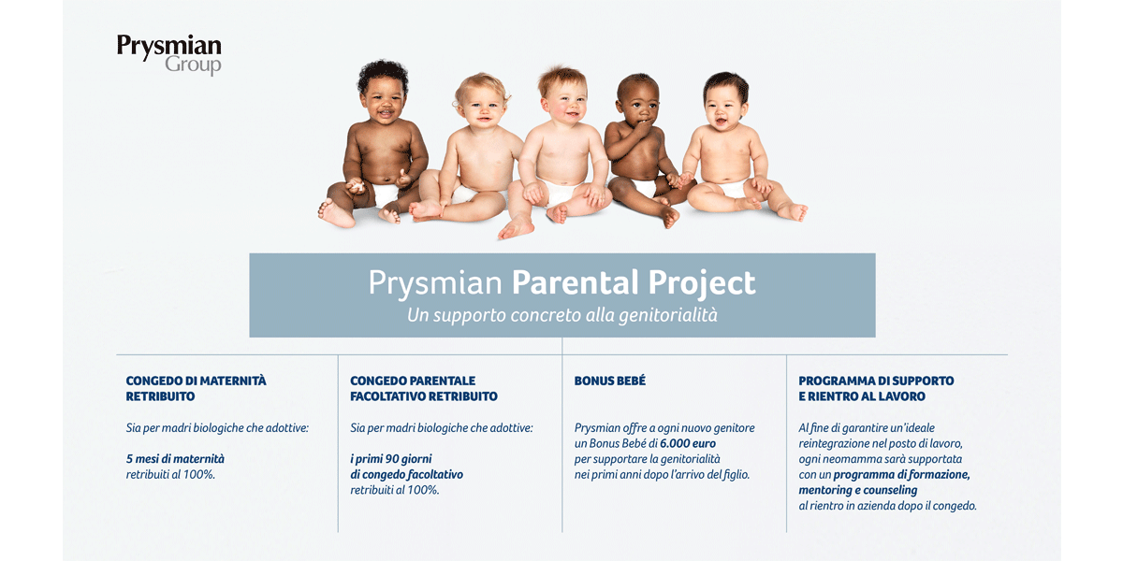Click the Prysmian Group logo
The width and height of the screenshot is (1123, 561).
point(169,54)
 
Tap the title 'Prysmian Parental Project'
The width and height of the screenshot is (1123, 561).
point(562,282)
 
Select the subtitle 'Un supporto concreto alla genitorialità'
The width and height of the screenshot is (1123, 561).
point(562,315)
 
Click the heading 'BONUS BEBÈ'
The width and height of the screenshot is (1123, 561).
point(609,381)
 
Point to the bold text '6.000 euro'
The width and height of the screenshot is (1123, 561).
point(687,443)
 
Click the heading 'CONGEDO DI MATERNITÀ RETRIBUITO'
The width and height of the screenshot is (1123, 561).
point(196,388)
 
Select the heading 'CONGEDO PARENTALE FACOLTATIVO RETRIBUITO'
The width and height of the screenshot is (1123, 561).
point(424,388)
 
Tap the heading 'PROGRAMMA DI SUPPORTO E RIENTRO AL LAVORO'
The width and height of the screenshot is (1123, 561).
point(876,388)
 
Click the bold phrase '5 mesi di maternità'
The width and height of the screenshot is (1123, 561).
point(175,459)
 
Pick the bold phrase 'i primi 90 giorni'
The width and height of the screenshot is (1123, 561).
point(390,459)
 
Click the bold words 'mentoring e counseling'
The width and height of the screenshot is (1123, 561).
point(858,490)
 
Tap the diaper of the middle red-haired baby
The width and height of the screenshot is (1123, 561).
point(562,192)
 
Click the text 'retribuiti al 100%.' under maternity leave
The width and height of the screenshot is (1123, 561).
point(170,474)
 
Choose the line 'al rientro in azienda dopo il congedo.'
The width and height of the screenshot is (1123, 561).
point(887,506)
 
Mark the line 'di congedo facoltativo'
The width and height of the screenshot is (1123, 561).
point(406,474)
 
